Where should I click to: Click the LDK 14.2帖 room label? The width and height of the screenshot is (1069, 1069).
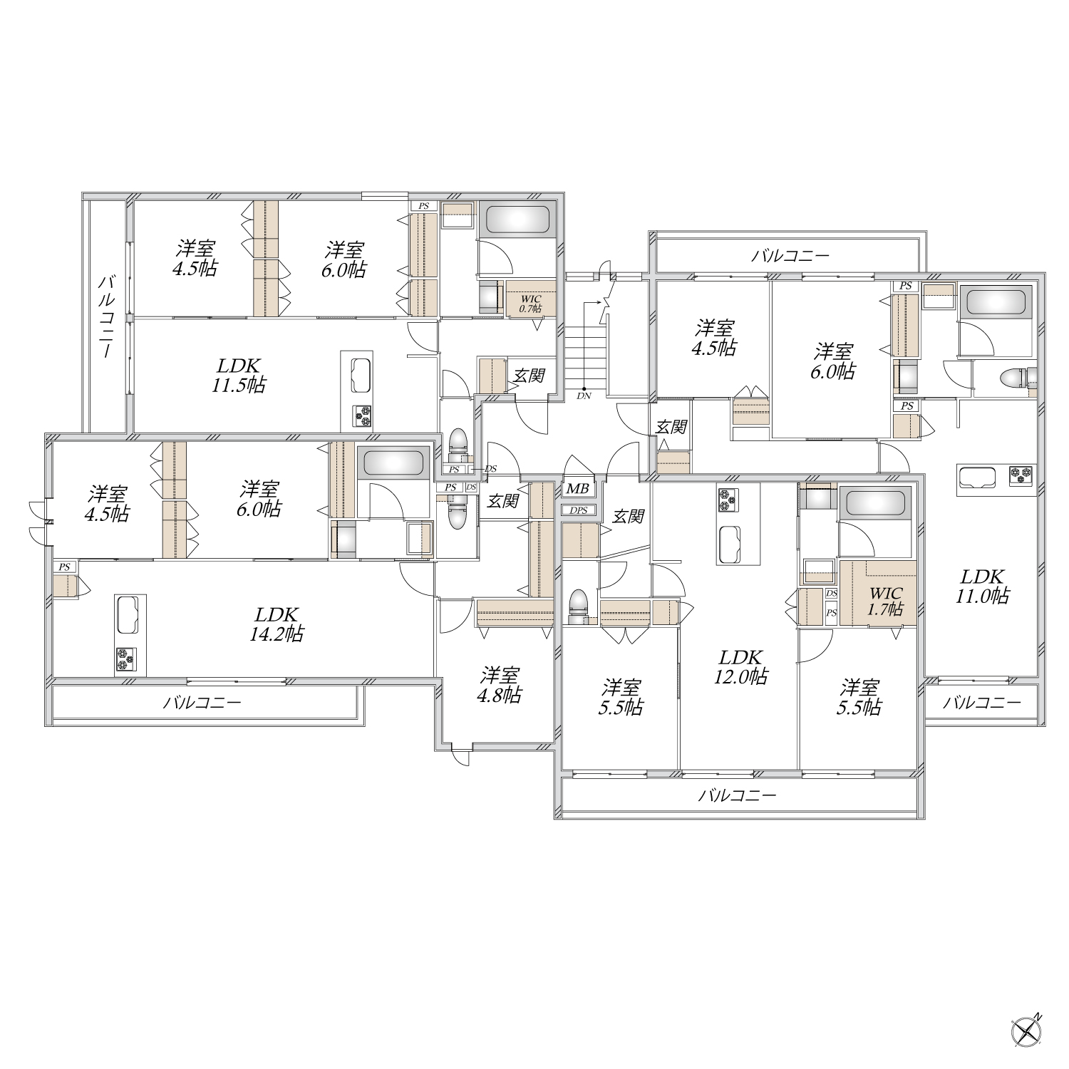click(276, 624)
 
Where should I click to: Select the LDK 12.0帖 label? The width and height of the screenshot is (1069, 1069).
click(740, 667)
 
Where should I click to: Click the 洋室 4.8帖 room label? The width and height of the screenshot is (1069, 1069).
click(500, 685)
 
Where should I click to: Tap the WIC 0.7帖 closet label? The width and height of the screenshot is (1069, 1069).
click(530, 304)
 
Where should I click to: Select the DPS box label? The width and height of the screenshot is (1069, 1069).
click(579, 510)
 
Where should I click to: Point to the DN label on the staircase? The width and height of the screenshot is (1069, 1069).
click(584, 395)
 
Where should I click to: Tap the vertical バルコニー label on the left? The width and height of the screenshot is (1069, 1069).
click(106, 316)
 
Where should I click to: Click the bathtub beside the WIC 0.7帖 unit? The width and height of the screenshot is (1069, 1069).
click(517, 220)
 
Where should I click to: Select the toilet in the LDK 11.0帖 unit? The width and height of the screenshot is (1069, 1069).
click(1015, 377)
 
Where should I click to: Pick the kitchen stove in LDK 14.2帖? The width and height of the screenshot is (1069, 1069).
click(125, 660)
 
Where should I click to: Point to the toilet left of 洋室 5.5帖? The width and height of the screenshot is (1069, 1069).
click(578, 606)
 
